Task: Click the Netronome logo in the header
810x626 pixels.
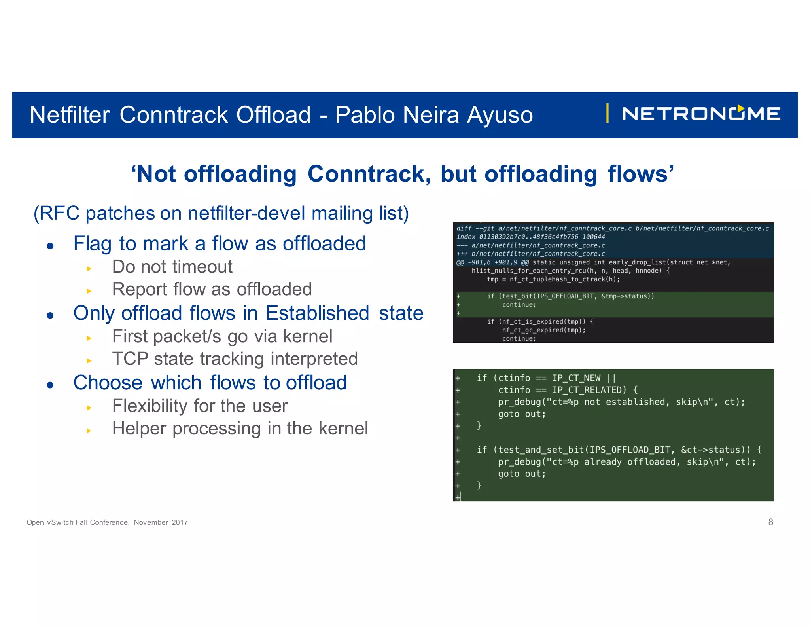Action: pos(701,114)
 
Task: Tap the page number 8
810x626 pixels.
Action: pos(770,522)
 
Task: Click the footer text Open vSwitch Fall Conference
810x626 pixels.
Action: pos(78,522)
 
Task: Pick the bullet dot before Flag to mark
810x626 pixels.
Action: pos(50,246)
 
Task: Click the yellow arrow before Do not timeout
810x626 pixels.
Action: pos(89,269)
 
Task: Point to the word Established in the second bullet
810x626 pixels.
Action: pos(317,313)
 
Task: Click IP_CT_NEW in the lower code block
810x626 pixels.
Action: pos(576,378)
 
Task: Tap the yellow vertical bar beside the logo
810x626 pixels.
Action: pos(607,114)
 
